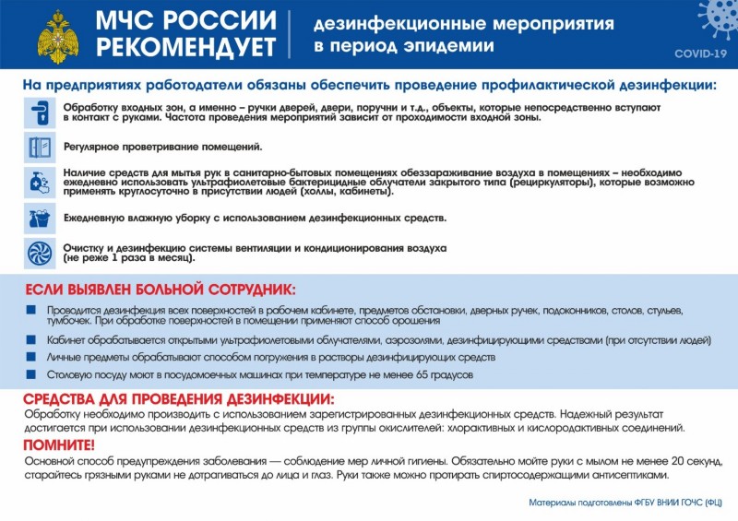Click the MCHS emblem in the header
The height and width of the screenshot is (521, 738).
tap(58, 35)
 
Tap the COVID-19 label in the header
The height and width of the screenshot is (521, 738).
tap(699, 53)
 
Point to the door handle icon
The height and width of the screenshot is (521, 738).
tap(40, 113)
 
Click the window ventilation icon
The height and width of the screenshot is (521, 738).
tap(40, 148)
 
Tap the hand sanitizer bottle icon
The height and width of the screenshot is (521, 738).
tap(40, 182)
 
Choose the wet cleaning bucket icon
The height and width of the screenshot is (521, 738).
tap(40, 218)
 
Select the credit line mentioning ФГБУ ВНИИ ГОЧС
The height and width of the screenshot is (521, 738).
tap(625, 504)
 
